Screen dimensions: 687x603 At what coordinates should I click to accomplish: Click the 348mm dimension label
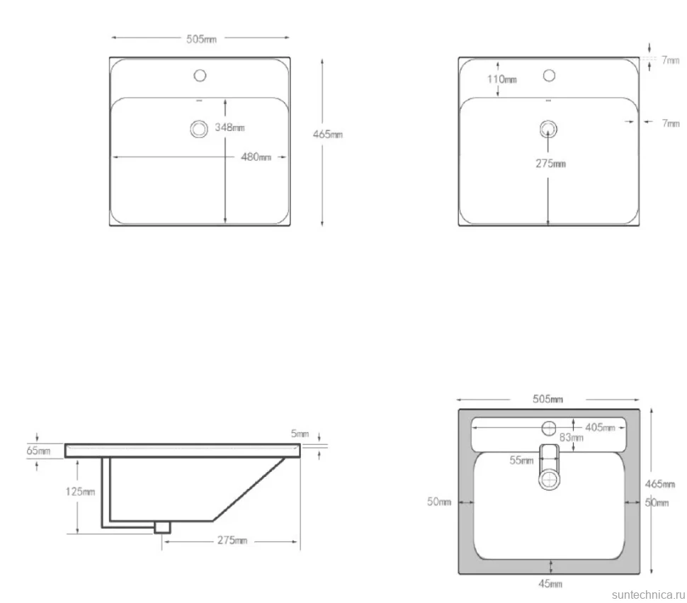point(229,128)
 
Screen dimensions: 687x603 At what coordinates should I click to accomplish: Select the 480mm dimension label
point(256,157)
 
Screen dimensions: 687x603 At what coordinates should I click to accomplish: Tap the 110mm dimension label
point(502,79)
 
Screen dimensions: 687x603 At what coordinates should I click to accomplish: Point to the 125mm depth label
point(80,492)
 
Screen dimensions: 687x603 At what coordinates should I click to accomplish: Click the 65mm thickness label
point(38,451)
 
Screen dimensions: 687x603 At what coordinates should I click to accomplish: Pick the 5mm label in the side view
point(300,434)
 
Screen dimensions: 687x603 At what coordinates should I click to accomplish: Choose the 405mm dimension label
point(601,427)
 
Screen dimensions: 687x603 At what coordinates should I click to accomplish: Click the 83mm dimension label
point(572,437)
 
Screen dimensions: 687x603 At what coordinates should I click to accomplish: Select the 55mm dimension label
point(521,460)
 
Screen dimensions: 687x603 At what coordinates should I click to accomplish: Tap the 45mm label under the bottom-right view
point(550,584)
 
